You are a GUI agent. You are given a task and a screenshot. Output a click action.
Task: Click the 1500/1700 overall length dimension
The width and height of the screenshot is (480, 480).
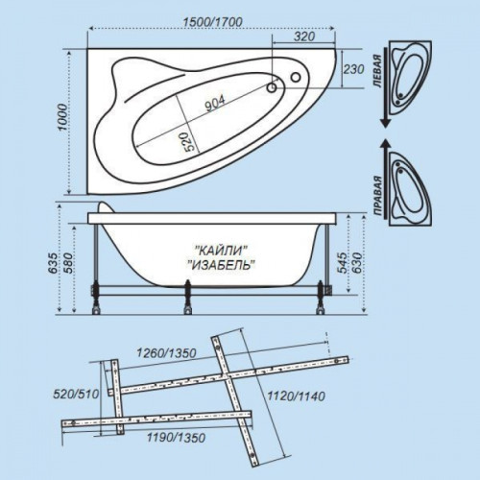[212, 22]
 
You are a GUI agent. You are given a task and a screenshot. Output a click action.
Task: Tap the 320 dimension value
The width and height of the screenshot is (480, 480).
[304, 36]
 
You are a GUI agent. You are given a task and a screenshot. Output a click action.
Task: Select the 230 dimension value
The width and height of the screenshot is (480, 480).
[353, 69]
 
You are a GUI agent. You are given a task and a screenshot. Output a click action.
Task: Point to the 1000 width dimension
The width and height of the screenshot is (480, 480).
[63, 117]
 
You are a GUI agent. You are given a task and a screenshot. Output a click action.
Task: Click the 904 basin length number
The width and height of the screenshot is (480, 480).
[215, 104]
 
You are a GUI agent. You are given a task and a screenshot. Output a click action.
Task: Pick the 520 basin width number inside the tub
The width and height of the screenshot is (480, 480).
[189, 142]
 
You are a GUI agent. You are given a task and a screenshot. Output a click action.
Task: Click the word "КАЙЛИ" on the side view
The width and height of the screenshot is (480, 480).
[222, 251]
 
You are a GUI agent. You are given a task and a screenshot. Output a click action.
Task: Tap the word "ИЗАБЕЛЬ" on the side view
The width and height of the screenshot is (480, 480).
[221, 265]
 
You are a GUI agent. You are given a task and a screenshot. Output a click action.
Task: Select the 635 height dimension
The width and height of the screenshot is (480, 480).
[53, 263]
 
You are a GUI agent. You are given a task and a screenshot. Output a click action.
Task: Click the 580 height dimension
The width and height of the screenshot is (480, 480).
[68, 263]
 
